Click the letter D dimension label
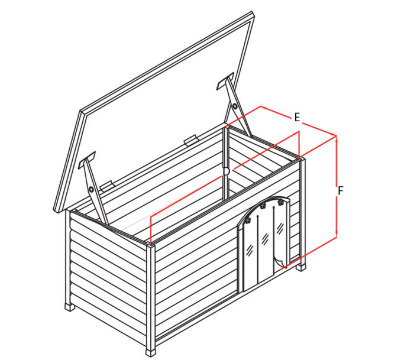(x=227, y=171)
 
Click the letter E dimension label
(x=297, y=118)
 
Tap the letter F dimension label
(x=341, y=191)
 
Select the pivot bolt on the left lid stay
(x=91, y=189)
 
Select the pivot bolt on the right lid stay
(x=234, y=106)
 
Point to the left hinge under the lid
(x=107, y=186)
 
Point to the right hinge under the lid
(x=191, y=141)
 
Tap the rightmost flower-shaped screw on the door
(x=280, y=202)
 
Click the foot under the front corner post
(x=150, y=352)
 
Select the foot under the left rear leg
(x=70, y=308)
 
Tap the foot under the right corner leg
(x=301, y=267)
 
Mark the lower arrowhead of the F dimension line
(x=337, y=234)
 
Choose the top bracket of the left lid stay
(x=87, y=160)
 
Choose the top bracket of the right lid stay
(x=225, y=81)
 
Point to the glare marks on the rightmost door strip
(x=280, y=227)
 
